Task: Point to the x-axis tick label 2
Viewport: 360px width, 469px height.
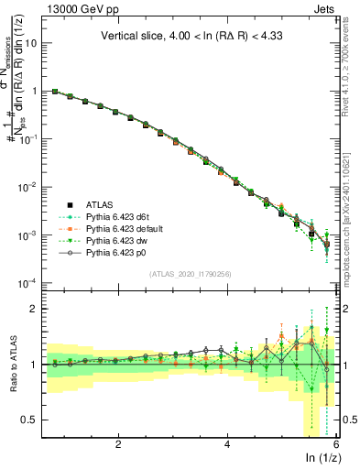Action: [118, 444]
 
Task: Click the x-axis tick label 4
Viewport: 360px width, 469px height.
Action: [227, 444]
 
